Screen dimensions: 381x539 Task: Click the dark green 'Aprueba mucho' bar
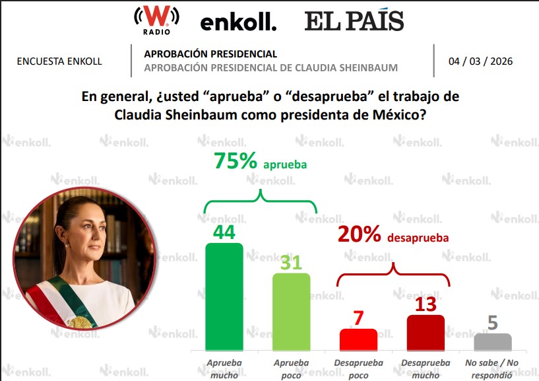point(224,297)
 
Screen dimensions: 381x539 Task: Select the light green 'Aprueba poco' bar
point(291,312)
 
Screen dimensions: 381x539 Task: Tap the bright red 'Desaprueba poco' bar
point(358,339)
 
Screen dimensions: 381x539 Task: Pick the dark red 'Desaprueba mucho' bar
point(426,332)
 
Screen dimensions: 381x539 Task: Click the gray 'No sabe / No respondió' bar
point(493,341)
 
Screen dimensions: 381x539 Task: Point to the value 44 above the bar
point(225,232)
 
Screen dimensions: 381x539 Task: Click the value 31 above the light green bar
point(291,262)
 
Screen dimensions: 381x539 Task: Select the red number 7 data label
point(358,318)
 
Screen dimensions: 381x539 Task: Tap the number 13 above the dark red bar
point(426,304)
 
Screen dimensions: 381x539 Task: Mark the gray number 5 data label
point(493,323)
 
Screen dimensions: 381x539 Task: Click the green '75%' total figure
point(236,162)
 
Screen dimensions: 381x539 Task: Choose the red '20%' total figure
point(360,234)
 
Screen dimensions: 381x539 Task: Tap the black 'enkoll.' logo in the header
point(238,22)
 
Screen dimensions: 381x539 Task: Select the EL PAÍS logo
point(354,20)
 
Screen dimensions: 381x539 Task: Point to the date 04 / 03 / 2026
point(480,61)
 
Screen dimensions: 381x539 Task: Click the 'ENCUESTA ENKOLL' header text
point(59,61)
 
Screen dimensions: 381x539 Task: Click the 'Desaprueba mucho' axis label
point(426,367)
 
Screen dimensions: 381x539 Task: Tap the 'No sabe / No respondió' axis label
point(493,368)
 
